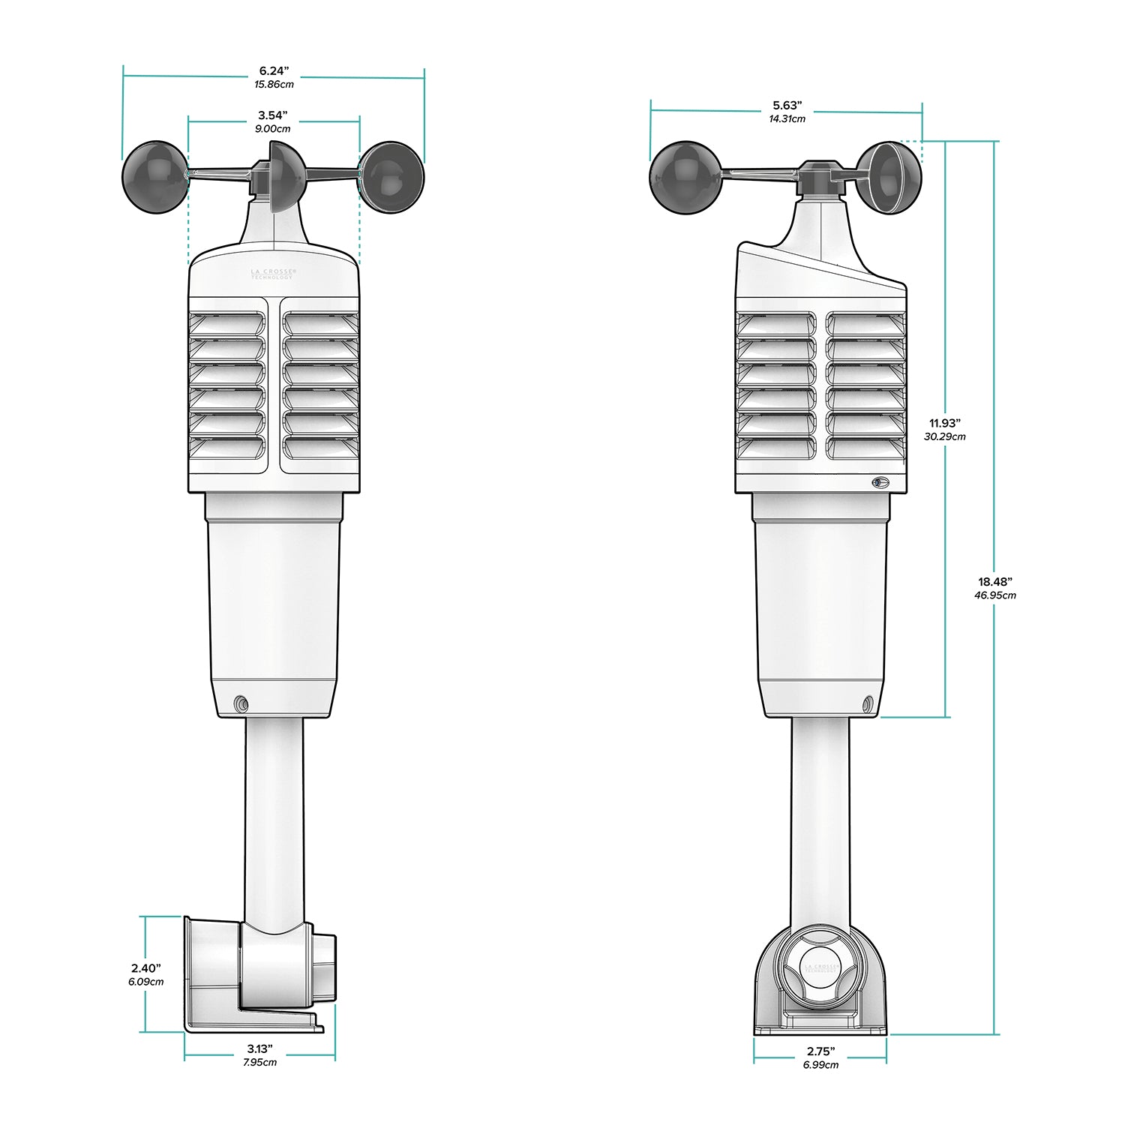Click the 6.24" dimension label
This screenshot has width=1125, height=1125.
pyautogui.click(x=274, y=70)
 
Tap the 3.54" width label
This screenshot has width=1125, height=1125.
pyautogui.click(x=272, y=115)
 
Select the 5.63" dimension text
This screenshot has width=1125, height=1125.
pyautogui.click(x=787, y=106)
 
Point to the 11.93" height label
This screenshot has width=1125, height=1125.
pyautogui.click(x=944, y=423)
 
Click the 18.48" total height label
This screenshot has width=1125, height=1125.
pyautogui.click(x=994, y=581)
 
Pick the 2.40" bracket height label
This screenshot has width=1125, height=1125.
pyautogui.click(x=145, y=968)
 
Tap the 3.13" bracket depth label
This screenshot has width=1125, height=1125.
pyautogui.click(x=259, y=1049)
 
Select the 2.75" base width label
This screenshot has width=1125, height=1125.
pyautogui.click(x=820, y=1052)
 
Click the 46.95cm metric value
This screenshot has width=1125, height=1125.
pyautogui.click(x=995, y=595)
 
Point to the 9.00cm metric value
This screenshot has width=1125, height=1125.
pyautogui.click(x=272, y=129)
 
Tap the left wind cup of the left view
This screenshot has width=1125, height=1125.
pyautogui.click(x=155, y=177)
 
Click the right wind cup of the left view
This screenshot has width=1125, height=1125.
pyautogui.click(x=391, y=177)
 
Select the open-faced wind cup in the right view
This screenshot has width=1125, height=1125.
pyautogui.click(x=889, y=177)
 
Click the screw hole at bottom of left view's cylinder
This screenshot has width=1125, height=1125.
pyautogui.click(x=240, y=703)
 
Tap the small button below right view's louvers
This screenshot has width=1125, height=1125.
pyautogui.click(x=879, y=482)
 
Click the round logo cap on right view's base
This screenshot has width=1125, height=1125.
pyautogui.click(x=820, y=967)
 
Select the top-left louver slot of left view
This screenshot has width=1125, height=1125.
pyautogui.click(x=227, y=324)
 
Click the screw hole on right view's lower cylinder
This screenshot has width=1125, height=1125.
pyautogui.click(x=868, y=703)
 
